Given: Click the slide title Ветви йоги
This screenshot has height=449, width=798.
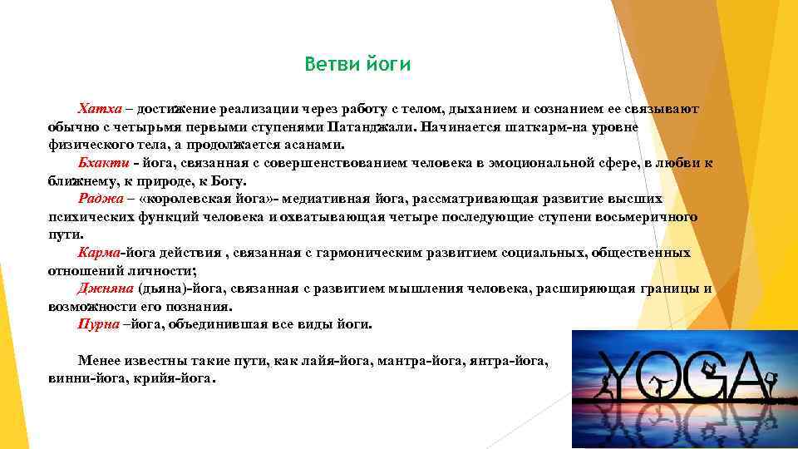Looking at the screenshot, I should (x=357, y=64).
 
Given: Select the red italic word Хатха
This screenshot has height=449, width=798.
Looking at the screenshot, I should (x=100, y=109).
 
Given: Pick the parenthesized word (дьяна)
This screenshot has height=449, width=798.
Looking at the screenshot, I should (x=160, y=289).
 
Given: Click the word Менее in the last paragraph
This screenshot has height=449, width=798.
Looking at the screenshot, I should (x=99, y=360).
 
